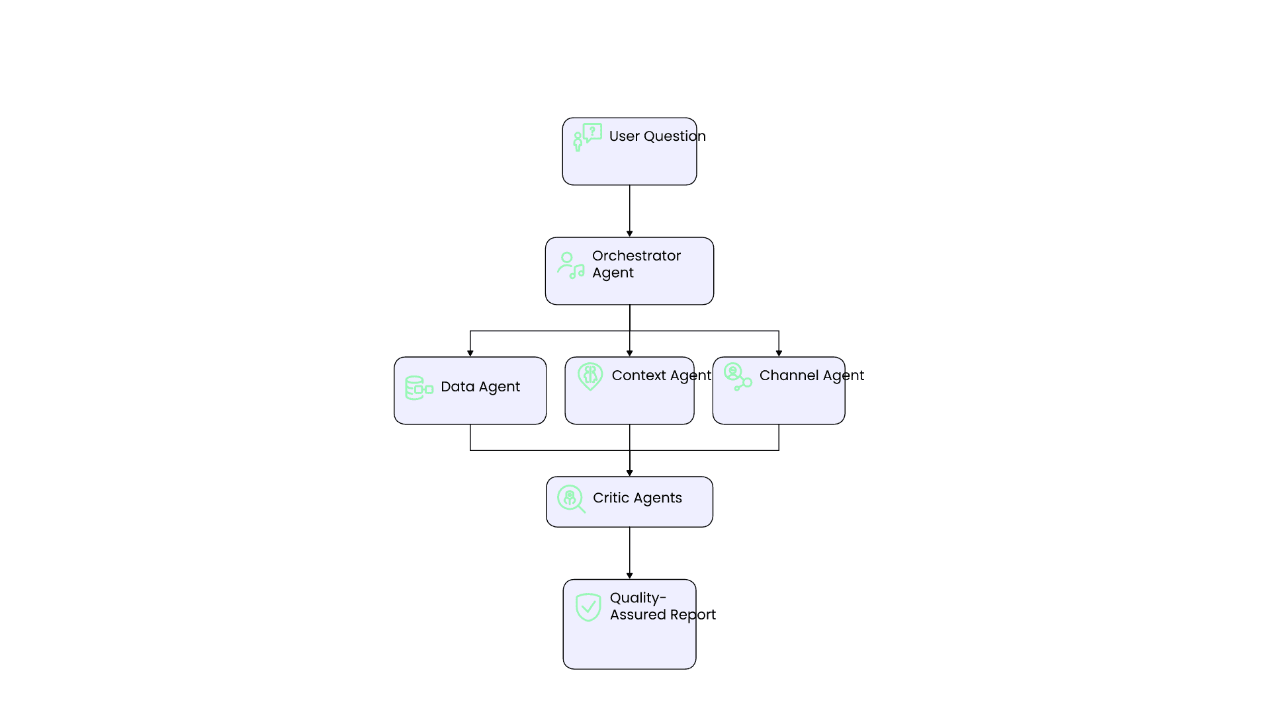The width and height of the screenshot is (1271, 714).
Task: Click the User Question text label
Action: (x=657, y=136)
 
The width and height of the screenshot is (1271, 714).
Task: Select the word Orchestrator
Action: (x=636, y=256)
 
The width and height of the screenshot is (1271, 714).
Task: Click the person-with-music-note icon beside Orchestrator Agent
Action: (x=570, y=265)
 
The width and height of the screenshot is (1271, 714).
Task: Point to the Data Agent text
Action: (x=480, y=387)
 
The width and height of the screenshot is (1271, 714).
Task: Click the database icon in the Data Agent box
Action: (x=419, y=388)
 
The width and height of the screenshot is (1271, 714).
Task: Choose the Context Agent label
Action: (x=661, y=376)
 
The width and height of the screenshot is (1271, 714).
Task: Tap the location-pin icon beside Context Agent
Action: (x=590, y=376)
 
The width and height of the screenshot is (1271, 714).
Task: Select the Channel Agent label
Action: (x=811, y=376)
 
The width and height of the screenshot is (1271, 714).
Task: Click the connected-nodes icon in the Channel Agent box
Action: (x=737, y=377)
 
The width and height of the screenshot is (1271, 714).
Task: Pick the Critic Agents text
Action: (x=637, y=498)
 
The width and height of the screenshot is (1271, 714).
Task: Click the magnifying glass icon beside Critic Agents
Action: (x=571, y=498)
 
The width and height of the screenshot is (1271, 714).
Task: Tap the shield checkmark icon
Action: (x=588, y=607)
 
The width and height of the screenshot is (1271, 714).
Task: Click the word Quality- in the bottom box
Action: (x=638, y=598)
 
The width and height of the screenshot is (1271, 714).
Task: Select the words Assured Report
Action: (x=662, y=615)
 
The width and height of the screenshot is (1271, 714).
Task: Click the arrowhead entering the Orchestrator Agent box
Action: (x=629, y=233)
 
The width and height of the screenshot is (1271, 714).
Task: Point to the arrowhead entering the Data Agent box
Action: (x=470, y=353)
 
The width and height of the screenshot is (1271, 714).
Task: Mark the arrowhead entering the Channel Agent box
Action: (x=779, y=353)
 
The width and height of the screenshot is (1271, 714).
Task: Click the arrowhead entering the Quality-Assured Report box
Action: (x=629, y=576)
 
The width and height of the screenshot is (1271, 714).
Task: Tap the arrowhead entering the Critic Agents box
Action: (x=629, y=473)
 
